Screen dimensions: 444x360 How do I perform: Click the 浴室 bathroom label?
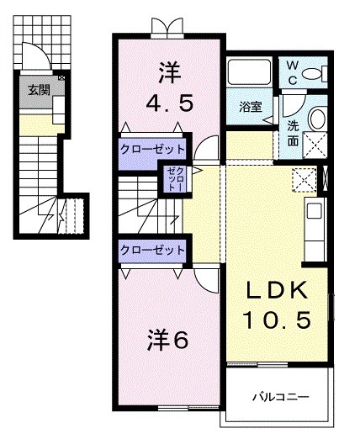(x=250, y=107)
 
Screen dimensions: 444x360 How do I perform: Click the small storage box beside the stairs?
(x=172, y=179)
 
